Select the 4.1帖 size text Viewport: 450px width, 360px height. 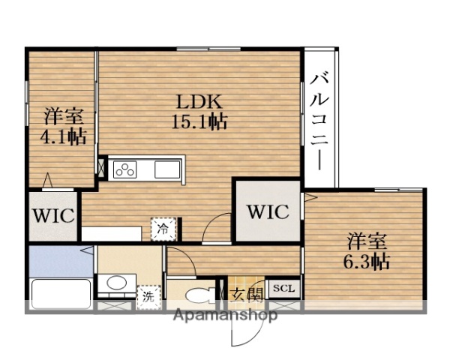click(63, 136)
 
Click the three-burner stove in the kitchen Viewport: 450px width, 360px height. click(124, 169)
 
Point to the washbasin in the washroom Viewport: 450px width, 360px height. click(115, 284)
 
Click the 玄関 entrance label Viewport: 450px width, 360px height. click(247, 294)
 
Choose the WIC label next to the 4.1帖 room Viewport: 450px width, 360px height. click(52, 217)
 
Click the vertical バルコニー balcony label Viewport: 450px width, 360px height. click(320, 120)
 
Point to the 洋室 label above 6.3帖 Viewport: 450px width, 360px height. click(367, 242)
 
